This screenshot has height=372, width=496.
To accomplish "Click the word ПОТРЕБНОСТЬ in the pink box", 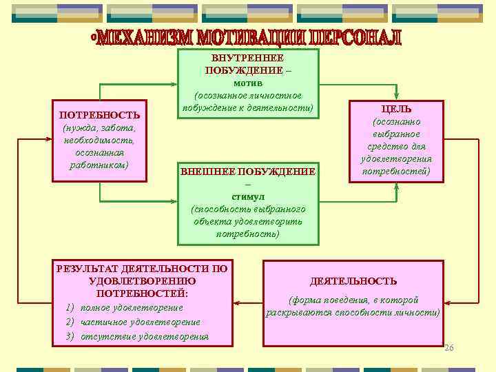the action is click(x=100, y=115).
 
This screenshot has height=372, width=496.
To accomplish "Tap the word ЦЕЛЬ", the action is click(x=396, y=109).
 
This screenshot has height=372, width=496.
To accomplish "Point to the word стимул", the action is click(x=247, y=196).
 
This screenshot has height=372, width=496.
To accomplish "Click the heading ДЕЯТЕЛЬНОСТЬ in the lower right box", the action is click(x=353, y=281).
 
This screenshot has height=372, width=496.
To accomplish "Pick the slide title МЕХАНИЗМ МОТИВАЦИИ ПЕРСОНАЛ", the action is click(x=247, y=39).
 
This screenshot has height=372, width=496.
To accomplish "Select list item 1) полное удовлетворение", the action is click(x=125, y=307).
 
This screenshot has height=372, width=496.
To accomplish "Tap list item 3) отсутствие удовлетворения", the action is click(x=137, y=336).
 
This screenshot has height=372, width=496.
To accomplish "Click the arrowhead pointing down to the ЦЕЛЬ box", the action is click(x=396, y=96).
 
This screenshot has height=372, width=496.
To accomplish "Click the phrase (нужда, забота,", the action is click(x=100, y=128).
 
